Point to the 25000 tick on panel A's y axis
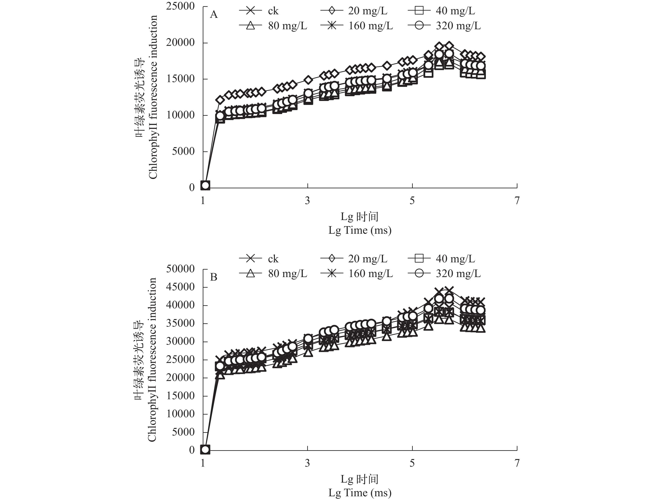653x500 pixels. point(180,6)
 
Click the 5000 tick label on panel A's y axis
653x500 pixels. point(183,151)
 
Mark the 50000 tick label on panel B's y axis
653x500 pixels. point(180,269)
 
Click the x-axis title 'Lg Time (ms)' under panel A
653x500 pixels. point(360,230)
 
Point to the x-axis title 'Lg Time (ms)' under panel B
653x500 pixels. point(360,493)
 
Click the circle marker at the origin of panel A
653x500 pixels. point(205,185)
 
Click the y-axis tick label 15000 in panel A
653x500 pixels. point(180,79)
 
